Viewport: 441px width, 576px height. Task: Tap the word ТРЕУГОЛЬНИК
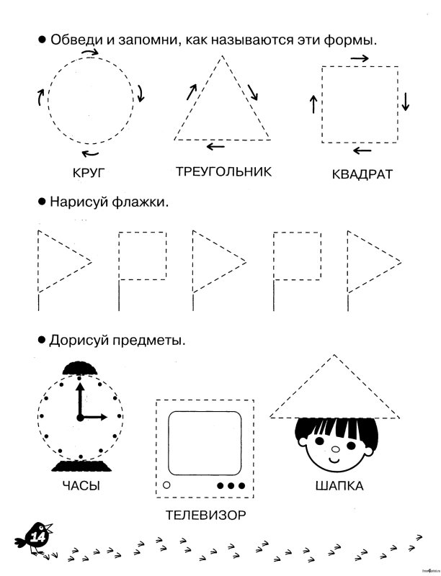pos(223,171)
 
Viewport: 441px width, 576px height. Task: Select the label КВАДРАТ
pos(362,174)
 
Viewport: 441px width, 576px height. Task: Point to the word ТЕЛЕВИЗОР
pos(205,516)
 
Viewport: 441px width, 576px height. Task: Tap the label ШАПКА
pos(339,486)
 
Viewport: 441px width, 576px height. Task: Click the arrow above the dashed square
pos(360,58)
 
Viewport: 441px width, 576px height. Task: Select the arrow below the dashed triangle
pos(215,147)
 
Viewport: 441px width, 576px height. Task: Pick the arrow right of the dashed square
pos(406,102)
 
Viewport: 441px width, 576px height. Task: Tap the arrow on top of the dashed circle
pos(90,52)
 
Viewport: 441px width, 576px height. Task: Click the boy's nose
pos(334,454)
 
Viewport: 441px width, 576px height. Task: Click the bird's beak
pos(49,528)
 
